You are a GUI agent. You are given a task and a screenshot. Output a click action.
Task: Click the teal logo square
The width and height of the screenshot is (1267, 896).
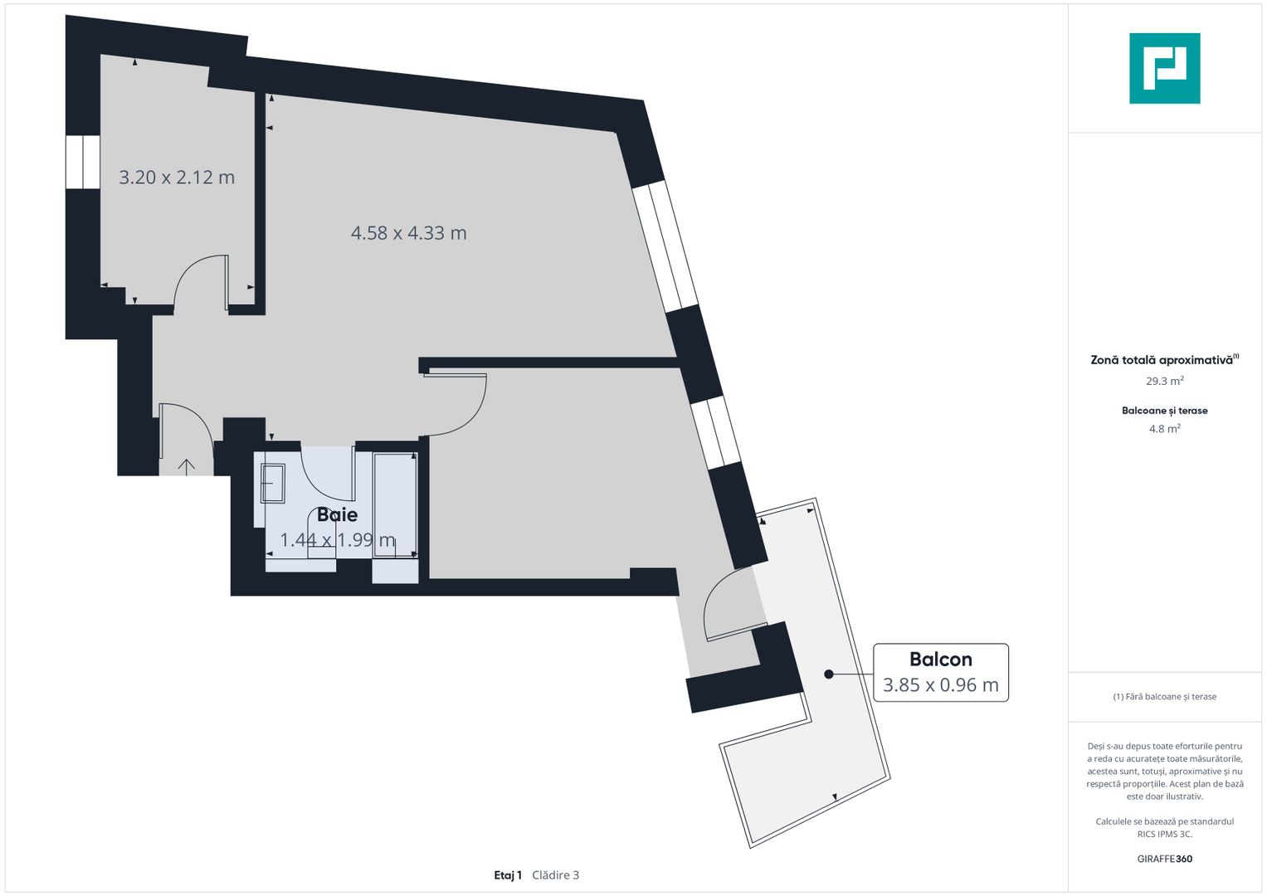coord(1164,68)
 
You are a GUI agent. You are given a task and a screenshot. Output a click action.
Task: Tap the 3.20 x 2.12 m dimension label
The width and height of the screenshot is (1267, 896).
coord(177,178)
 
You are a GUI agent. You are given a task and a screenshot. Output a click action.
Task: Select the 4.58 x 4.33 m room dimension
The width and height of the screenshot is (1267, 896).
coord(408,233)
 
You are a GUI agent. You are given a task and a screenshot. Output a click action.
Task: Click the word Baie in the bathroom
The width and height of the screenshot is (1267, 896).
coord(337,514)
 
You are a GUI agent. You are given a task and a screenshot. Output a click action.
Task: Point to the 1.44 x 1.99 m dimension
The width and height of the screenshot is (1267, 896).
coord(337,540)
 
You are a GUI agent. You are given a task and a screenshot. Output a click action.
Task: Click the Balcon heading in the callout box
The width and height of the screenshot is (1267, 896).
coord(940,660)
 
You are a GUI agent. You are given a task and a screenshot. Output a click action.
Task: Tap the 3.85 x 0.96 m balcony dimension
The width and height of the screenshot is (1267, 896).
coord(940,685)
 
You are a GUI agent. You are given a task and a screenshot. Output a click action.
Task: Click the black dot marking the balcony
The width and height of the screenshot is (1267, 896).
coord(828,674)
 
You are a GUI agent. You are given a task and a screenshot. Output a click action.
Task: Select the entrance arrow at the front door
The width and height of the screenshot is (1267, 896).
coord(187,467)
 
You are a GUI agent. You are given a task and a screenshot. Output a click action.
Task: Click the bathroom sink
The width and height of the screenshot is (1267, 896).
coord(273,483)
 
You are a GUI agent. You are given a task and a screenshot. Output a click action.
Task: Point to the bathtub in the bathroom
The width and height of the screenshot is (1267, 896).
coord(395,504)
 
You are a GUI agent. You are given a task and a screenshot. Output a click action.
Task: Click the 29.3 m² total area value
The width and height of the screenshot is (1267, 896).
coord(1164,382)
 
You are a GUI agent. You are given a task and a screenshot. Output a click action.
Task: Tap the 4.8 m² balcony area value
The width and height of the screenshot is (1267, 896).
coord(1164,429)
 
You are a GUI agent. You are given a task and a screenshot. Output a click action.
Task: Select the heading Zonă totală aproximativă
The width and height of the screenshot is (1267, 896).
coord(1162,360)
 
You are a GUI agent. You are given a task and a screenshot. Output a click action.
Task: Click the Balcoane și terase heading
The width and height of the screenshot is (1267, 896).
coord(1164,411)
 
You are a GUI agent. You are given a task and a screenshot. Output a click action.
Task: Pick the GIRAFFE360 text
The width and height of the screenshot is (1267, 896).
coord(1164,859)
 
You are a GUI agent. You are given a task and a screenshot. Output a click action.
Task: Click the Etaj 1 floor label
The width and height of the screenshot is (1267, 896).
coord(508,875)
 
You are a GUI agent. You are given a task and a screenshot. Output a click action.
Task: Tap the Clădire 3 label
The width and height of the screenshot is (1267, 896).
coord(555,875)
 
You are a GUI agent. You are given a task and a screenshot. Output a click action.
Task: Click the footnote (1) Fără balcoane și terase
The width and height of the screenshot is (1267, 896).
coord(1164,697)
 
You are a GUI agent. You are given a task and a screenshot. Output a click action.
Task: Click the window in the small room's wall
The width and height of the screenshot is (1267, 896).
coord(82,162)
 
